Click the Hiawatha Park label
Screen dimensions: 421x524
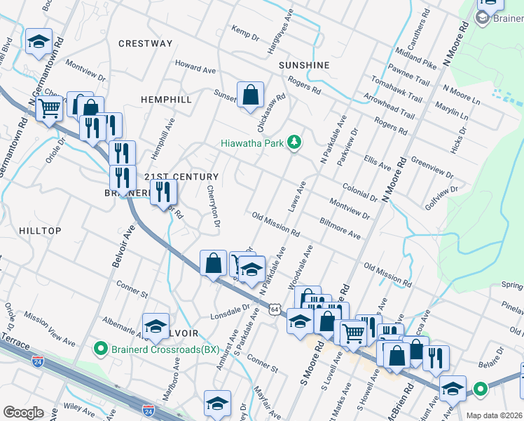[x=251, y=142]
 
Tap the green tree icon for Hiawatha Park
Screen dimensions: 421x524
[x=295, y=142]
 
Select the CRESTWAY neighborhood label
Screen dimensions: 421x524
[x=145, y=44]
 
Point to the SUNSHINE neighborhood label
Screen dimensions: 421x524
[x=304, y=65]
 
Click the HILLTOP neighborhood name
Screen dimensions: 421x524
[x=40, y=231]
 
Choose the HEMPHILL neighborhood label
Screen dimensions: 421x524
[x=166, y=100]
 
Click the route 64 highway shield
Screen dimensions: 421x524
[x=274, y=308]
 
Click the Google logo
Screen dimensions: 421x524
[x=24, y=413]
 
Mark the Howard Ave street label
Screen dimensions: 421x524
[x=195, y=69]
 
